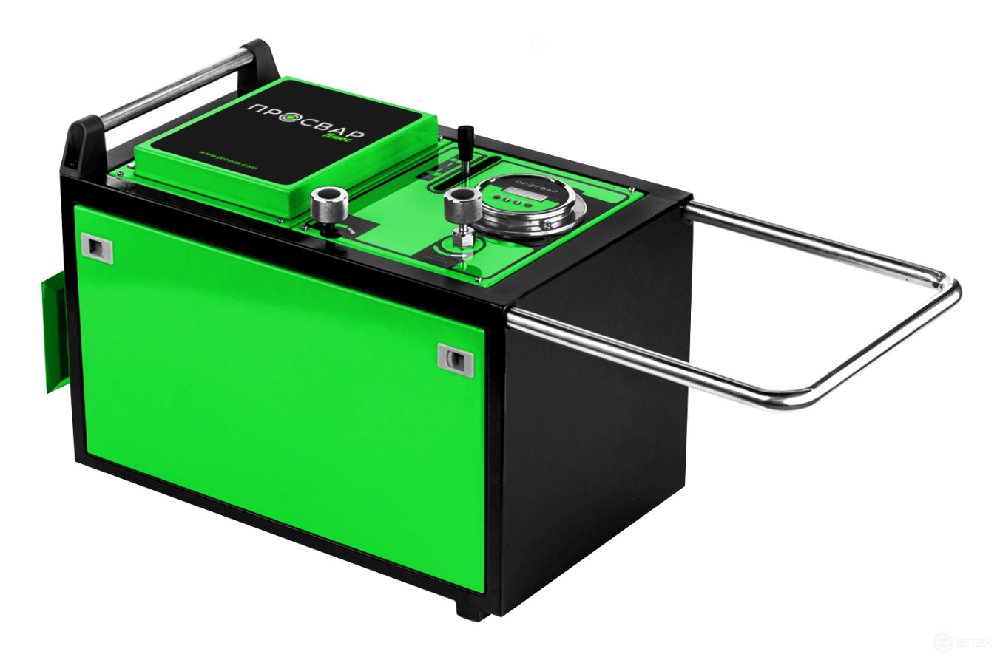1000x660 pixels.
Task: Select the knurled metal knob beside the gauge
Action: click(459, 202)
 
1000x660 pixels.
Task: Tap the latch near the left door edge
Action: click(97, 248)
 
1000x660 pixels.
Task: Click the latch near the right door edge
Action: click(456, 360)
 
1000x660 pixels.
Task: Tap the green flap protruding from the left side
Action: click(56, 333)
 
